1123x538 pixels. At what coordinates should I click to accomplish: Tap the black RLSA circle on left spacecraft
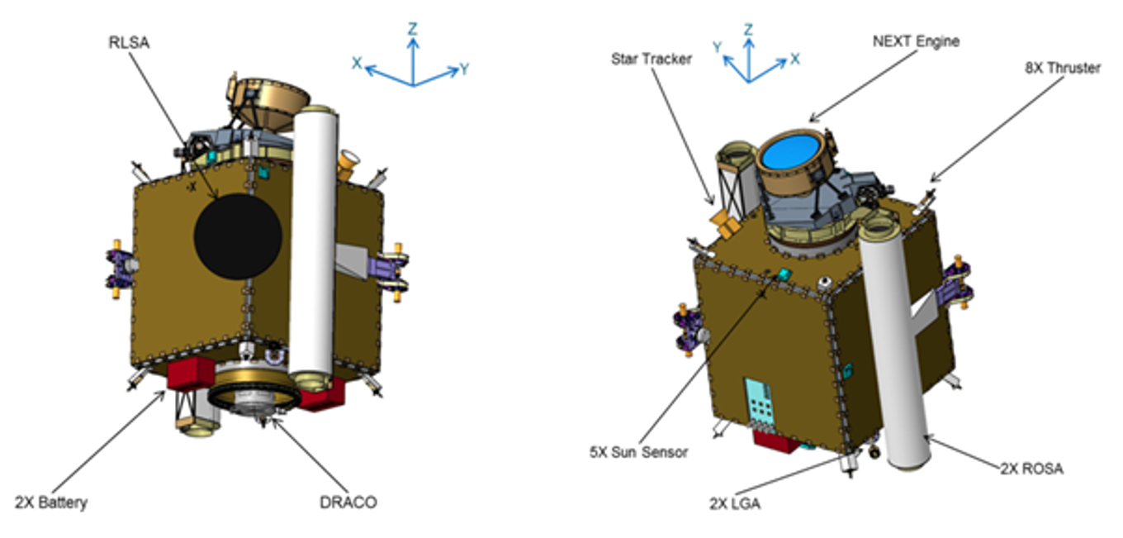238,236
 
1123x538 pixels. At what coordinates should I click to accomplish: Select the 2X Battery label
50,502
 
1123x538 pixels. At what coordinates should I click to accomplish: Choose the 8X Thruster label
1061,68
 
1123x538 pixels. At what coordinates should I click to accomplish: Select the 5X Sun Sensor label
640,452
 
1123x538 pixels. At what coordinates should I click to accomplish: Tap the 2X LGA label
734,502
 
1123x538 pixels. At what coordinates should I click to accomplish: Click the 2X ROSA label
1031,469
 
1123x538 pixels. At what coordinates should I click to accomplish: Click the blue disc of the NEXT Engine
794,156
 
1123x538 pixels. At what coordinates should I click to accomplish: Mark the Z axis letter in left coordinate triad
412,29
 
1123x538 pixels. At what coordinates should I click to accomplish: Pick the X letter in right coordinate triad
795,59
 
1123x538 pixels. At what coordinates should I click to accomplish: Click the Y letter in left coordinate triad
464,69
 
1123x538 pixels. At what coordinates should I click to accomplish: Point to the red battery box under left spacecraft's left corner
191,374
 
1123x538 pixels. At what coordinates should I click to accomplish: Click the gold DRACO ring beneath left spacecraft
251,397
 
